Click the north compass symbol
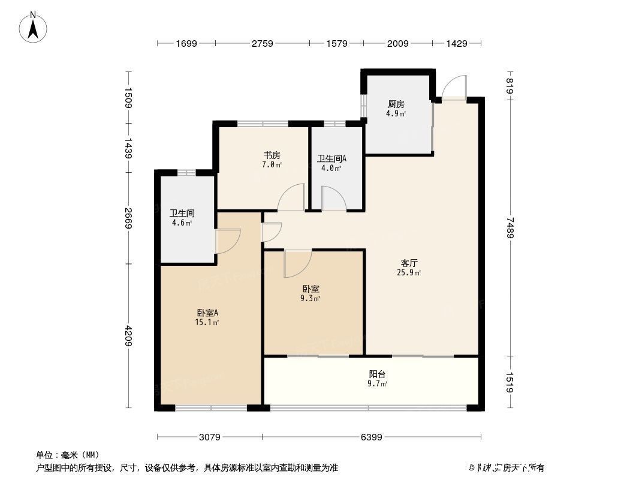click(x=34, y=28)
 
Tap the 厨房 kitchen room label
click(x=396, y=104)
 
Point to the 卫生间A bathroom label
click(x=331, y=159)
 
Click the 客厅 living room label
click(x=409, y=263)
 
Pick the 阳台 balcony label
click(x=377, y=374)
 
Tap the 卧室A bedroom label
click(x=207, y=313)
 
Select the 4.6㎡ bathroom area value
click(x=182, y=223)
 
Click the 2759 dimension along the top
click(x=262, y=43)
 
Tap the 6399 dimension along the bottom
click(x=371, y=437)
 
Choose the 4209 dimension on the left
click(x=128, y=335)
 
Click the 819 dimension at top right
click(x=510, y=83)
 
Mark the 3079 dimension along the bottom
click(x=210, y=437)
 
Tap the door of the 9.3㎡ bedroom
click(x=297, y=263)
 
